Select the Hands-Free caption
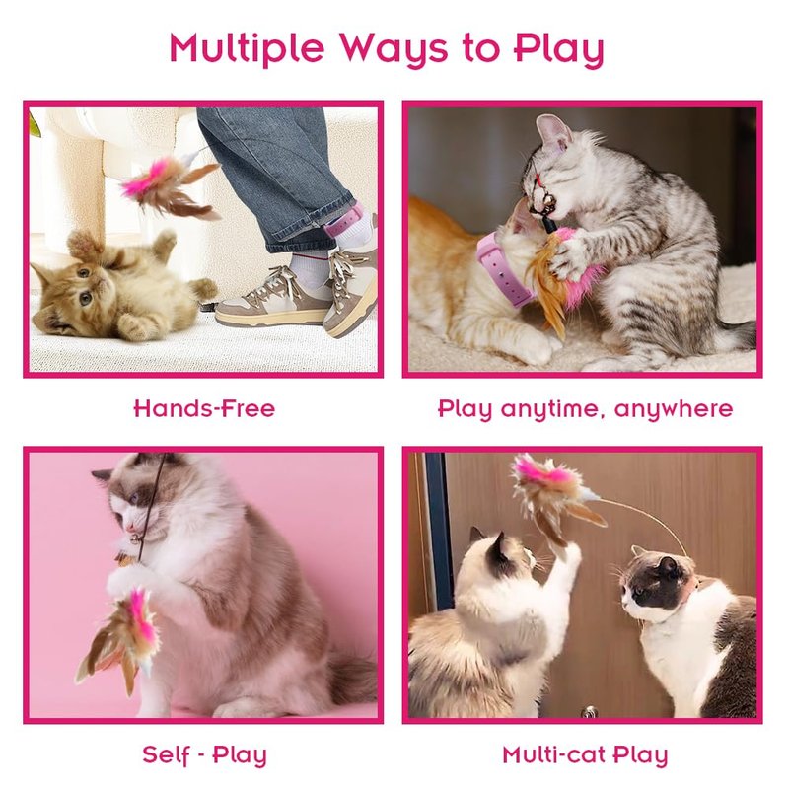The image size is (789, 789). [x=204, y=408]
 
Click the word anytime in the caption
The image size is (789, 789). [x=551, y=409]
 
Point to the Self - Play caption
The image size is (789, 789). [x=204, y=755]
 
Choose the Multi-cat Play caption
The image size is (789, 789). [x=585, y=755]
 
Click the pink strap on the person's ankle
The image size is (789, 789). [x=344, y=223]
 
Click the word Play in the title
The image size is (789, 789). [x=558, y=48]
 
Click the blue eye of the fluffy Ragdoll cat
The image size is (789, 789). [x=133, y=498]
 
